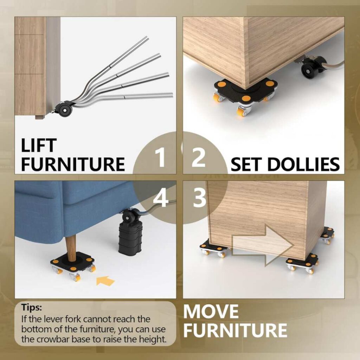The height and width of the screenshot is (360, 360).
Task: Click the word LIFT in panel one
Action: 39,145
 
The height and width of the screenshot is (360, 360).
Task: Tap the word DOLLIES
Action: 303,164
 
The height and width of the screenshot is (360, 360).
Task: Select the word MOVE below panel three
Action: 211,311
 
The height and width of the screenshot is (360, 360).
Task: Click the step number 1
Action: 160,157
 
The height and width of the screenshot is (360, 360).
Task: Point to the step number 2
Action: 198,157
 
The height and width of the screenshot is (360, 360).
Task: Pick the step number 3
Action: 199,198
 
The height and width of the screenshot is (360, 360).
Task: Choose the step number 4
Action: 160,198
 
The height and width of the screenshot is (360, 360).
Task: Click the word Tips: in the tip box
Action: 32,307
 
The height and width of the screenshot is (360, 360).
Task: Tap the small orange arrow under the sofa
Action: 105,281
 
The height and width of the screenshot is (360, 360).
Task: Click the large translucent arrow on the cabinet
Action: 263,246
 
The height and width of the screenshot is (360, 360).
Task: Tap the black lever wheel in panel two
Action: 308,69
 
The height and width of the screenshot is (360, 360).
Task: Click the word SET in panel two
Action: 247,164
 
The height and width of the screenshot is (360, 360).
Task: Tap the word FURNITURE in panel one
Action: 73,164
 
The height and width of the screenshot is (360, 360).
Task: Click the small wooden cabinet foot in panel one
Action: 40,117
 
